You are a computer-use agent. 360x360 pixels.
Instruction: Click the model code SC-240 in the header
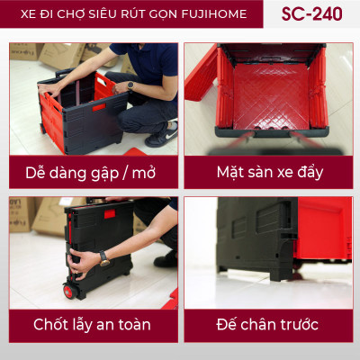tap(319, 14)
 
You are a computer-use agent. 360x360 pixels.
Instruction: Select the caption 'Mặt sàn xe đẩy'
tap(269, 171)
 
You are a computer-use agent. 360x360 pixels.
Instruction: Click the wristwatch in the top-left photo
tap(130, 85)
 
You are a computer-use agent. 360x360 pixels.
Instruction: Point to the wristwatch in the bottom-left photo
tap(104, 258)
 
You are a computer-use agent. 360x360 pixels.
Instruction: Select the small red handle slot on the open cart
tap(98, 107)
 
